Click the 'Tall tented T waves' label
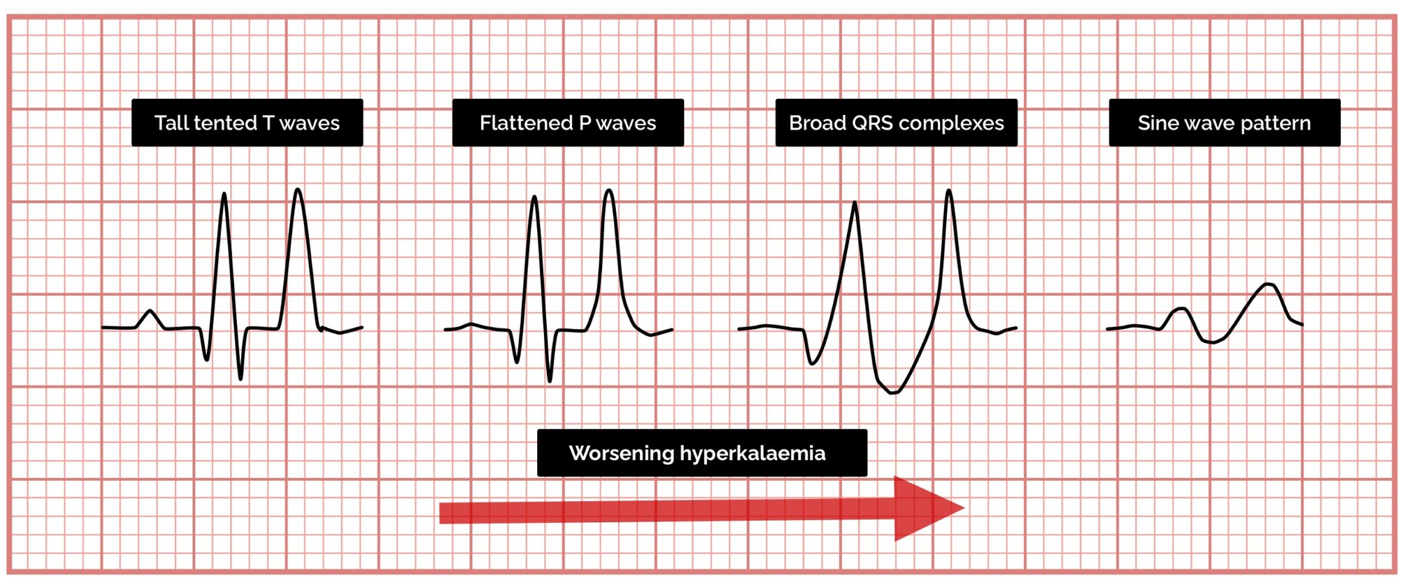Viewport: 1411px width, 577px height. click(x=247, y=122)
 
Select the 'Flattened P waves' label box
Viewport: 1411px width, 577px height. click(x=568, y=122)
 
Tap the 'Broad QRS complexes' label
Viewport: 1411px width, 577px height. click(x=896, y=122)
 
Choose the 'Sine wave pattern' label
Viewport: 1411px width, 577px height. click(x=1224, y=122)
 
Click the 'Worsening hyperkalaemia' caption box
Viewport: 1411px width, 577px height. click(x=702, y=453)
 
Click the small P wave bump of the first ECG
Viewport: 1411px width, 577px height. click(x=150, y=312)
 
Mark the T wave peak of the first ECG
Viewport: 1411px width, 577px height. click(x=298, y=189)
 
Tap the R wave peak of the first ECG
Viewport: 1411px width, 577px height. click(x=224, y=194)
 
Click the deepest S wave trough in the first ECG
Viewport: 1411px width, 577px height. click(x=241, y=379)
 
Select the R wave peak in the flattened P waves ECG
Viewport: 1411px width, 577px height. click(x=534, y=197)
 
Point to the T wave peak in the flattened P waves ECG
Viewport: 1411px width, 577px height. click(x=609, y=191)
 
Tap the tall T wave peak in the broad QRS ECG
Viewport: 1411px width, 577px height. click(x=949, y=191)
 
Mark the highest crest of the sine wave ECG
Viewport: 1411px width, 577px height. click(x=1270, y=284)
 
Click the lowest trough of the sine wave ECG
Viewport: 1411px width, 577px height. click(x=1212, y=342)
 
